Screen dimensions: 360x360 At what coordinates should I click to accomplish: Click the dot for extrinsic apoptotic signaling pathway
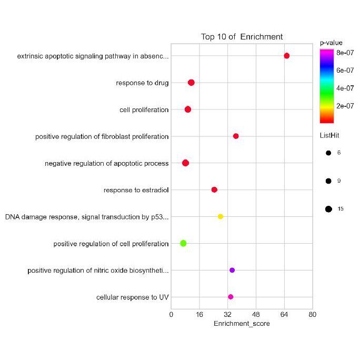coord(286,56)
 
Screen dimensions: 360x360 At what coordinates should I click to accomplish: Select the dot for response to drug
coord(191,83)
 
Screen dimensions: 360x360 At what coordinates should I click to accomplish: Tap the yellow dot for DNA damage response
coord(221,216)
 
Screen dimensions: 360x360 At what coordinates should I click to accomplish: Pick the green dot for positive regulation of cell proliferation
coord(183,243)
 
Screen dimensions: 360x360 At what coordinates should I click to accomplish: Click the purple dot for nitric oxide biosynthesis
coord(232,270)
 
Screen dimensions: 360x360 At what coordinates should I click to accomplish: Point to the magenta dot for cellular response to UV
coord(231,297)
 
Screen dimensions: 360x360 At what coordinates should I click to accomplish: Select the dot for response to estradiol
coord(214,189)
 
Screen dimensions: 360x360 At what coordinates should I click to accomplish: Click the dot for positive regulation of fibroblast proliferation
coord(236,136)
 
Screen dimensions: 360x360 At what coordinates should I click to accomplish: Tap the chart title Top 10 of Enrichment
coord(242,37)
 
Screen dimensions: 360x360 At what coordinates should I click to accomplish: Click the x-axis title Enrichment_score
coord(242,324)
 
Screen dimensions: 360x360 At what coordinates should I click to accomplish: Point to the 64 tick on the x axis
coord(284,314)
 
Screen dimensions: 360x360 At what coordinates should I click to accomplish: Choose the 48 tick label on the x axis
coord(256,314)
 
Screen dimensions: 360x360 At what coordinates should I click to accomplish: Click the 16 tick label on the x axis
coord(199,314)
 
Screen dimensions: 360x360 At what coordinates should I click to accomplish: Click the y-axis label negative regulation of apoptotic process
coord(107,163)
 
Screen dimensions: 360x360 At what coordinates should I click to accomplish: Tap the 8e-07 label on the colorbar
coord(345,52)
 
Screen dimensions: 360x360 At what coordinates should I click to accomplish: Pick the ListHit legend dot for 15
coord(328,209)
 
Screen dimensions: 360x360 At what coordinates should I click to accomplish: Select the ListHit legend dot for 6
coord(328,153)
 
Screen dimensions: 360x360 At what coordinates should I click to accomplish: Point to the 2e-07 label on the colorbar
coord(345,106)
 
